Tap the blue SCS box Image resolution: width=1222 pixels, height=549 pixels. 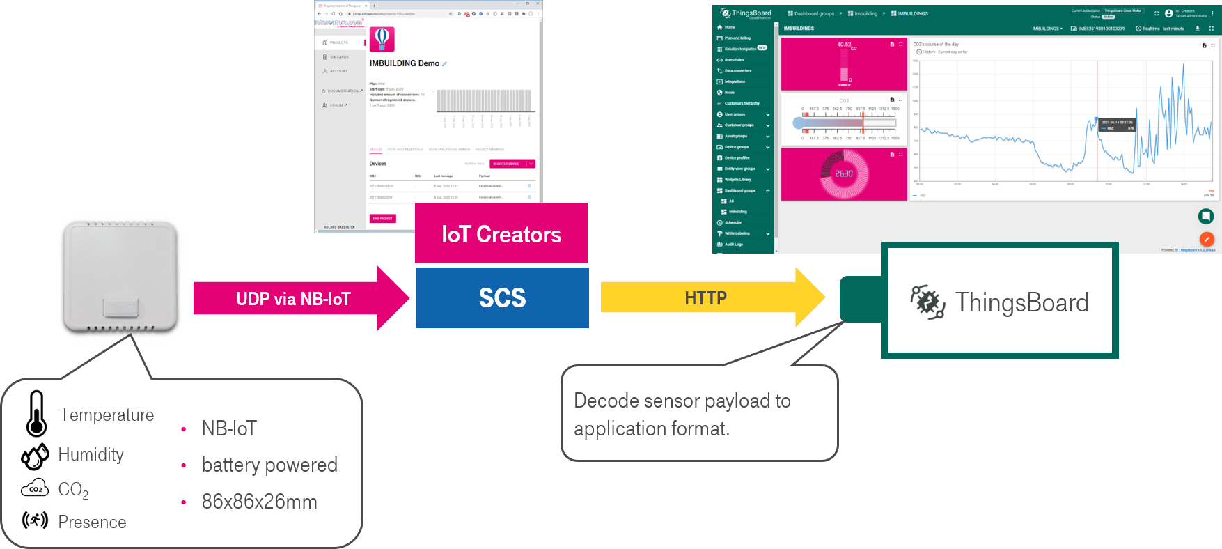(502, 298)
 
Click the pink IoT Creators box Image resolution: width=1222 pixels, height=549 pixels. (501, 234)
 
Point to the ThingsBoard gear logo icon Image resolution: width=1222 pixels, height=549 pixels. (927, 302)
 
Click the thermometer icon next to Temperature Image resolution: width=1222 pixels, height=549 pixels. (36, 414)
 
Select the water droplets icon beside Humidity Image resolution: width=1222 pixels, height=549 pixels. (35, 456)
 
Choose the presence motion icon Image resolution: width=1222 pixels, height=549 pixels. (35, 520)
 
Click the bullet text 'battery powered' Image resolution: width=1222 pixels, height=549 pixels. (269, 465)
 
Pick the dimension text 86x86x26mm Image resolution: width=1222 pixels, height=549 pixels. (259, 502)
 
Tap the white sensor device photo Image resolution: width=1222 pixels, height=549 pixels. (120, 277)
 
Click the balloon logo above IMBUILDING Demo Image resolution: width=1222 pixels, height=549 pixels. (382, 39)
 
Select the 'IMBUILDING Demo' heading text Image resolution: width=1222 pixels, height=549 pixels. (404, 63)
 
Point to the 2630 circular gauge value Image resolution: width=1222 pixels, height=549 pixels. (844, 173)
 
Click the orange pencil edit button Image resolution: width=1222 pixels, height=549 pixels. (1206, 239)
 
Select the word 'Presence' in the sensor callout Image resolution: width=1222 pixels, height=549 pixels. (92, 522)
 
